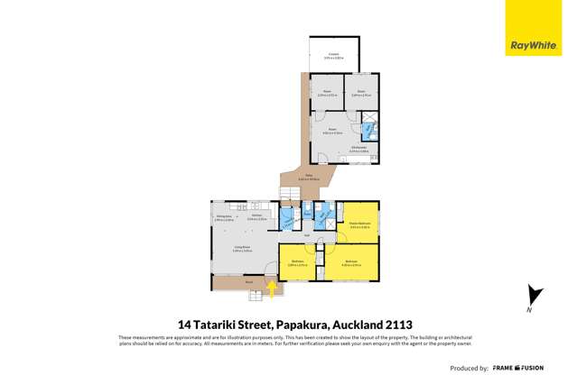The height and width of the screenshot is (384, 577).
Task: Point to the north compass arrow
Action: (534, 297)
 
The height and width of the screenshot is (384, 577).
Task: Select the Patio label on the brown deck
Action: (307, 177)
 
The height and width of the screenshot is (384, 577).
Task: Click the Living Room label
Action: (240, 250)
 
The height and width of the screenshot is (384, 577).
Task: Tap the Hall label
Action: (307, 236)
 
